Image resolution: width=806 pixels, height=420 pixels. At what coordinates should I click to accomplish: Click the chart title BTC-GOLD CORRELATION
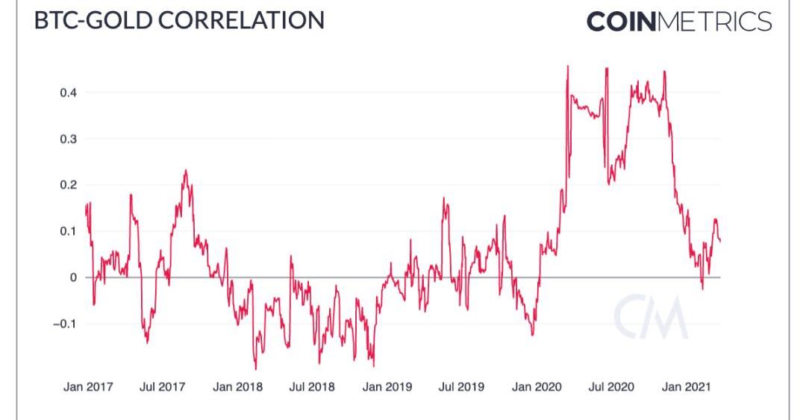180,19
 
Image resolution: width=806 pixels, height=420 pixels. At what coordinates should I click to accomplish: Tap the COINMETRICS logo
678,21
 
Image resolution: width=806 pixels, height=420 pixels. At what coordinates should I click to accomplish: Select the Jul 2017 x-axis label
162,387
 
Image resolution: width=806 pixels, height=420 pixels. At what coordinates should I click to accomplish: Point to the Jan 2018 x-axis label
237,387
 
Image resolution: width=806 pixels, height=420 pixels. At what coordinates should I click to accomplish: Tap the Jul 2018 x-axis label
311,387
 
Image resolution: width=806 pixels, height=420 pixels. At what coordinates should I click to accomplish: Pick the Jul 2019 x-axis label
461,387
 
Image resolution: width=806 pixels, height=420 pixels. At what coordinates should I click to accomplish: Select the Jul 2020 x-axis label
611,387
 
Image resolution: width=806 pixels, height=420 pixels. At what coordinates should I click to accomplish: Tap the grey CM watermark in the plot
651,316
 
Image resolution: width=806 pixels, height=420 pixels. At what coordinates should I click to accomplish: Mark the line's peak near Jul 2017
185,171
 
